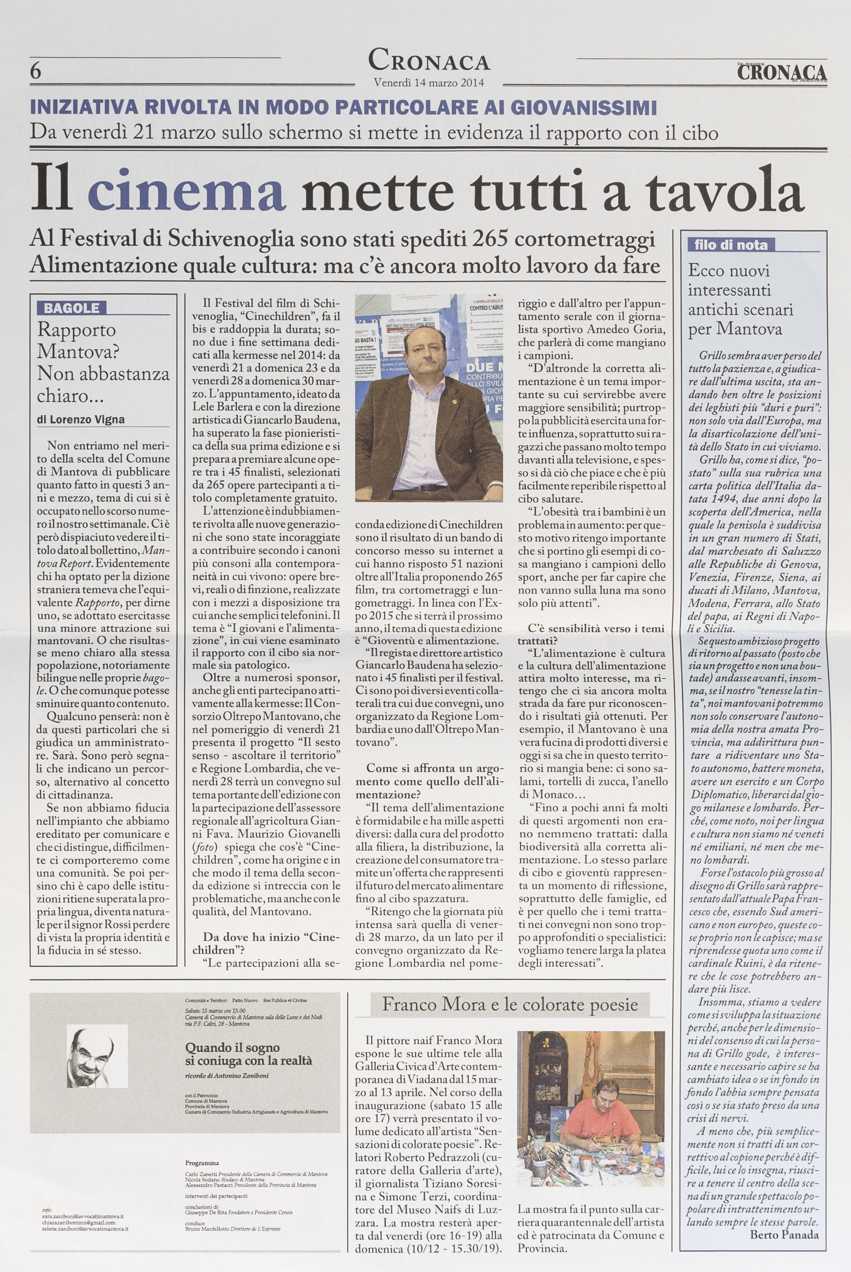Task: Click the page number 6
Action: (36, 72)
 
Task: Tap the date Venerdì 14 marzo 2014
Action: (429, 83)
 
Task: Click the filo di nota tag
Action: (731, 245)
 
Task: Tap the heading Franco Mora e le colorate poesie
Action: (510, 1004)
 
